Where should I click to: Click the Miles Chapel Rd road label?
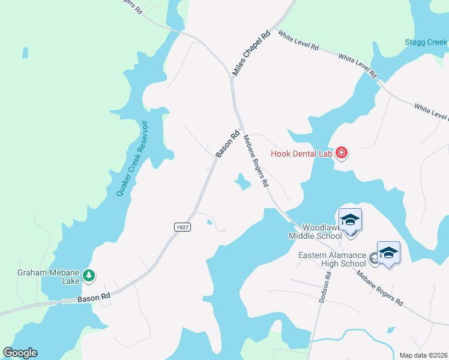click(252, 53)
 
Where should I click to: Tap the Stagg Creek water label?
click(424, 43)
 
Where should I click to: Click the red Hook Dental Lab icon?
click(342, 153)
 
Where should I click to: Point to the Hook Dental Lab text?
click(301, 154)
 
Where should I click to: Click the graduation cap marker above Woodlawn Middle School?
click(351, 220)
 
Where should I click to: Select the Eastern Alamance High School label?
click(333, 259)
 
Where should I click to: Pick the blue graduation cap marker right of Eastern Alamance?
click(388, 253)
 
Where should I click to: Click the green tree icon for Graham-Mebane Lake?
click(89, 275)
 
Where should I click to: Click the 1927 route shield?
click(182, 227)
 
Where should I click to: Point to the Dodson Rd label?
click(325, 288)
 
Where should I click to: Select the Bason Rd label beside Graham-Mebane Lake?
click(94, 296)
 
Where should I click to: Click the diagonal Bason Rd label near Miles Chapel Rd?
click(228, 144)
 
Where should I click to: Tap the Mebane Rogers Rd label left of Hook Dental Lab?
click(255, 161)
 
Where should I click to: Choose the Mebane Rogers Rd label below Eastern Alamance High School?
click(379, 288)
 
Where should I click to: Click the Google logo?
click(20, 352)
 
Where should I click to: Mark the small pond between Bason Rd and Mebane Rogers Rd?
click(242, 182)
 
